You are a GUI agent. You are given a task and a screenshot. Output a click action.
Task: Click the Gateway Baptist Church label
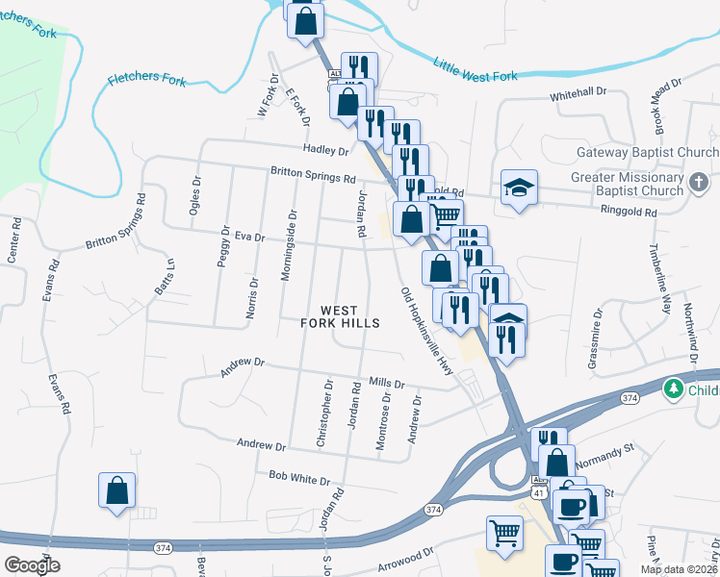point(647,153)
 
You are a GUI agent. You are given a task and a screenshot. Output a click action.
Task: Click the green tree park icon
point(674,389)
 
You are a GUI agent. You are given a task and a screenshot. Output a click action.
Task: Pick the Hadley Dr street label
point(324,151)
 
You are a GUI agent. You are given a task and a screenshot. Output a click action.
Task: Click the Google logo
point(32,564)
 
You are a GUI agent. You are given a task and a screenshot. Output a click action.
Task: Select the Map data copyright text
point(679,569)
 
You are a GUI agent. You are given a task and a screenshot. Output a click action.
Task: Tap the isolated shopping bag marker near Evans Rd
point(116,490)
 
